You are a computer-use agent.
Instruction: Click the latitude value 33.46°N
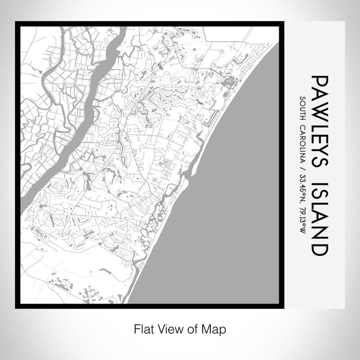pyautogui.click(x=303, y=189)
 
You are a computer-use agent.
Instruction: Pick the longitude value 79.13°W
pyautogui.click(x=303, y=219)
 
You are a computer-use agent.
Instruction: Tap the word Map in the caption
pyautogui.click(x=215, y=328)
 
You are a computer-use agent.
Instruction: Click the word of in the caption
pyautogui.click(x=195, y=328)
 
